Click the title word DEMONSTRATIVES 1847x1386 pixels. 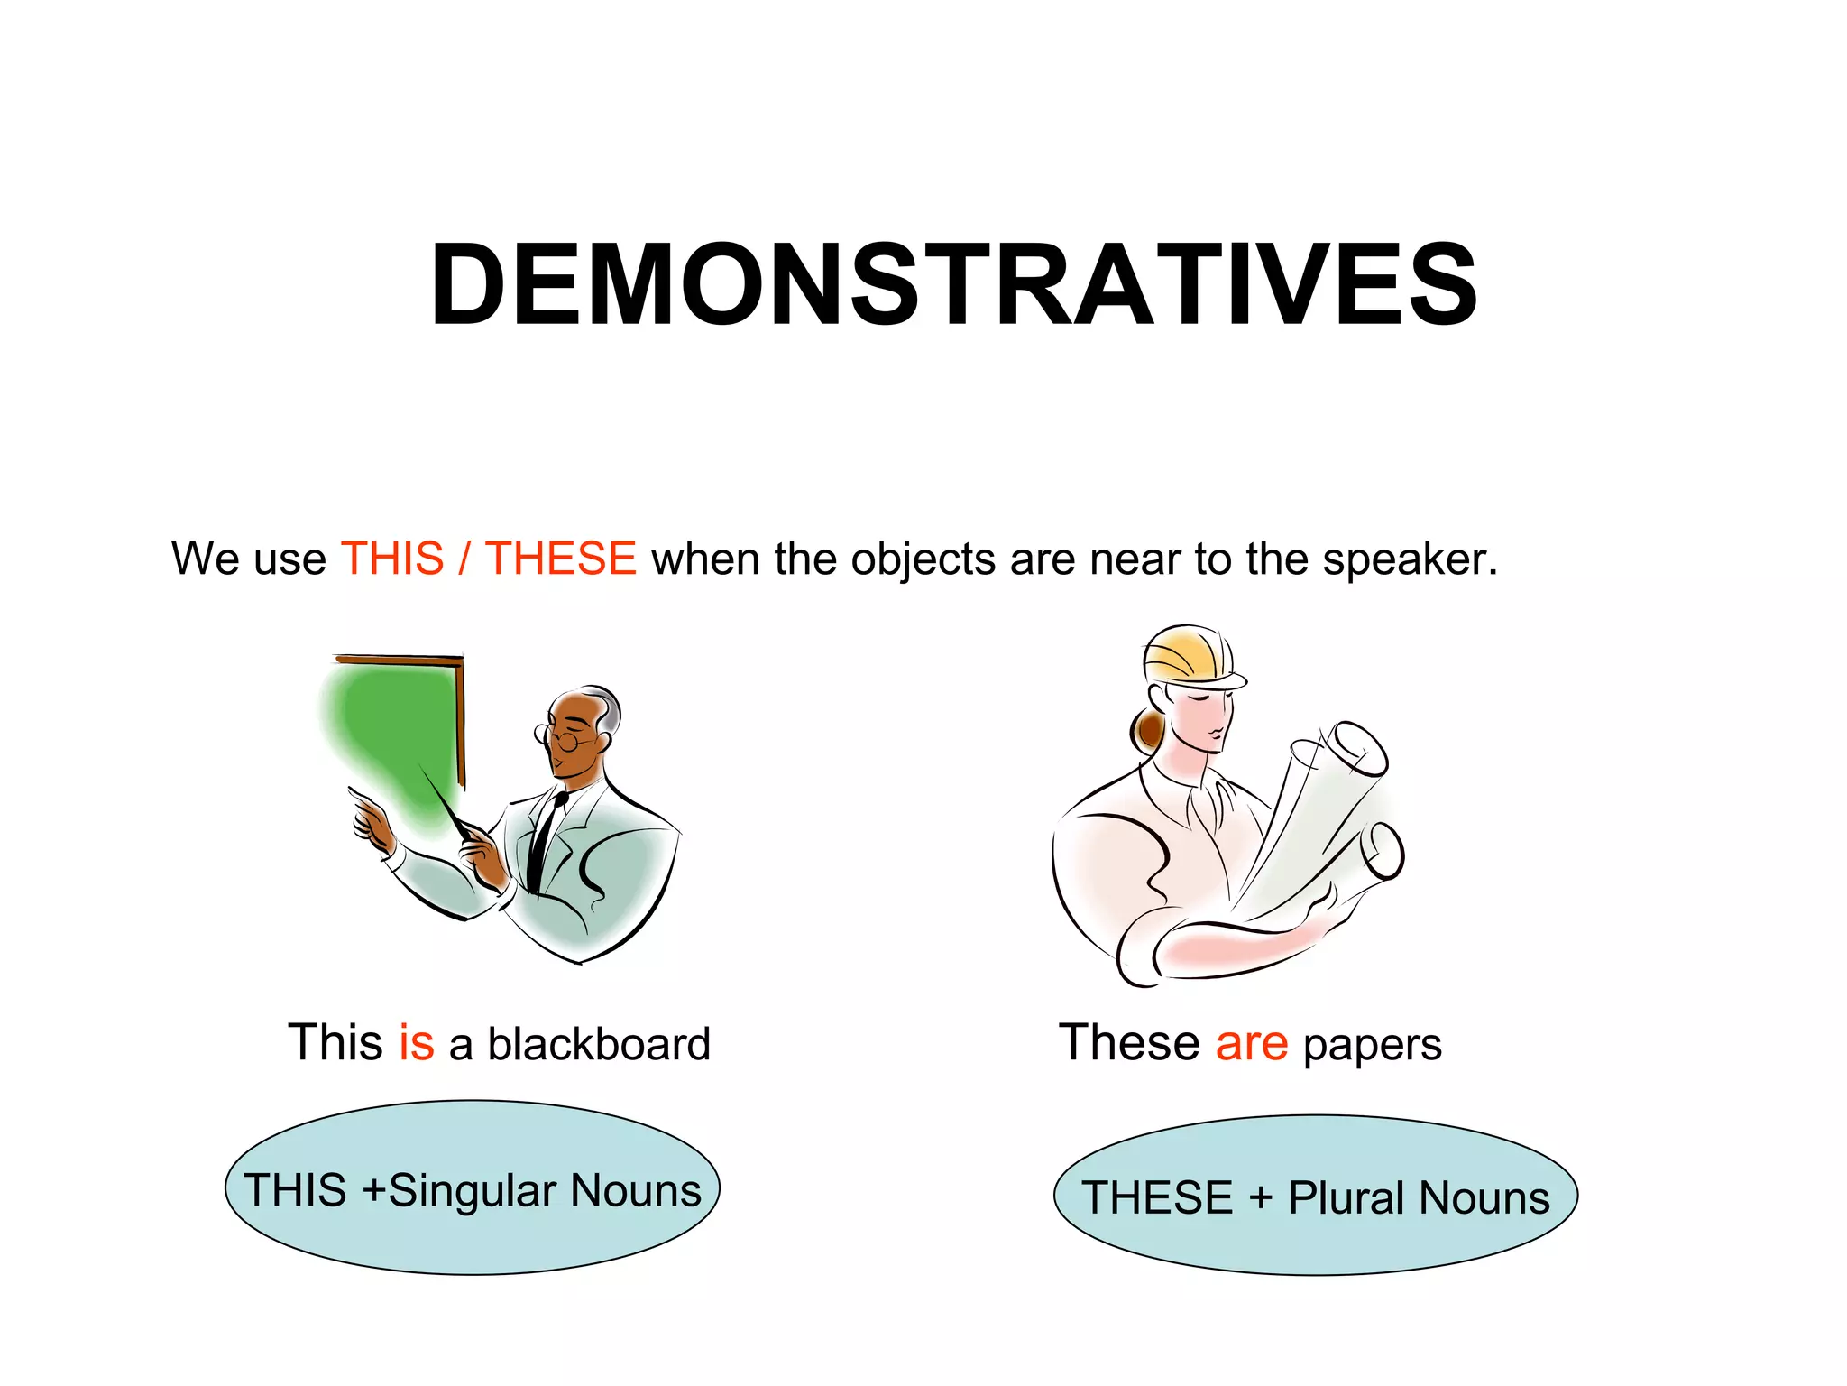pos(953,286)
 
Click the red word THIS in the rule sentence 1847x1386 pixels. pos(392,559)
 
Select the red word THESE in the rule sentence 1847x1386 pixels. pos(561,559)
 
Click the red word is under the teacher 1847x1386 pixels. pos(417,1043)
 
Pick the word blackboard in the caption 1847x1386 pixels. pos(599,1044)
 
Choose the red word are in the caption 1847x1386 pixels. pos(1252,1044)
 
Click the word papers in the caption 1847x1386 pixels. pos(1372,1047)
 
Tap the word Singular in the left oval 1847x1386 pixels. pos(472,1191)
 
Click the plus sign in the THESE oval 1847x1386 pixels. pos(1260,1199)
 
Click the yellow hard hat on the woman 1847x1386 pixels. pos(1189,655)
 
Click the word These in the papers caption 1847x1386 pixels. pos(1128,1043)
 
